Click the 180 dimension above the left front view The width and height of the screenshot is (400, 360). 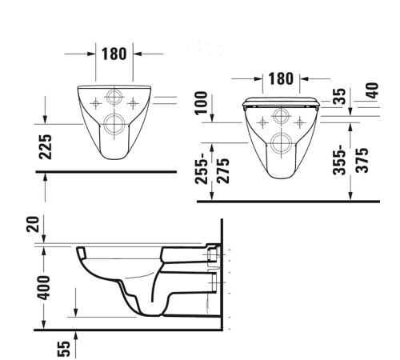114,54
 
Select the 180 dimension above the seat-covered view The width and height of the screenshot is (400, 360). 280,79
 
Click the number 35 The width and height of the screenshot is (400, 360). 339,98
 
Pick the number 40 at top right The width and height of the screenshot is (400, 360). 370,90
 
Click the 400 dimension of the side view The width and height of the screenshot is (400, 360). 45,286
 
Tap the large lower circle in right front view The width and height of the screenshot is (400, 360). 280,144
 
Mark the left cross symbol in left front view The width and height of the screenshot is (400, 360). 96,102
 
